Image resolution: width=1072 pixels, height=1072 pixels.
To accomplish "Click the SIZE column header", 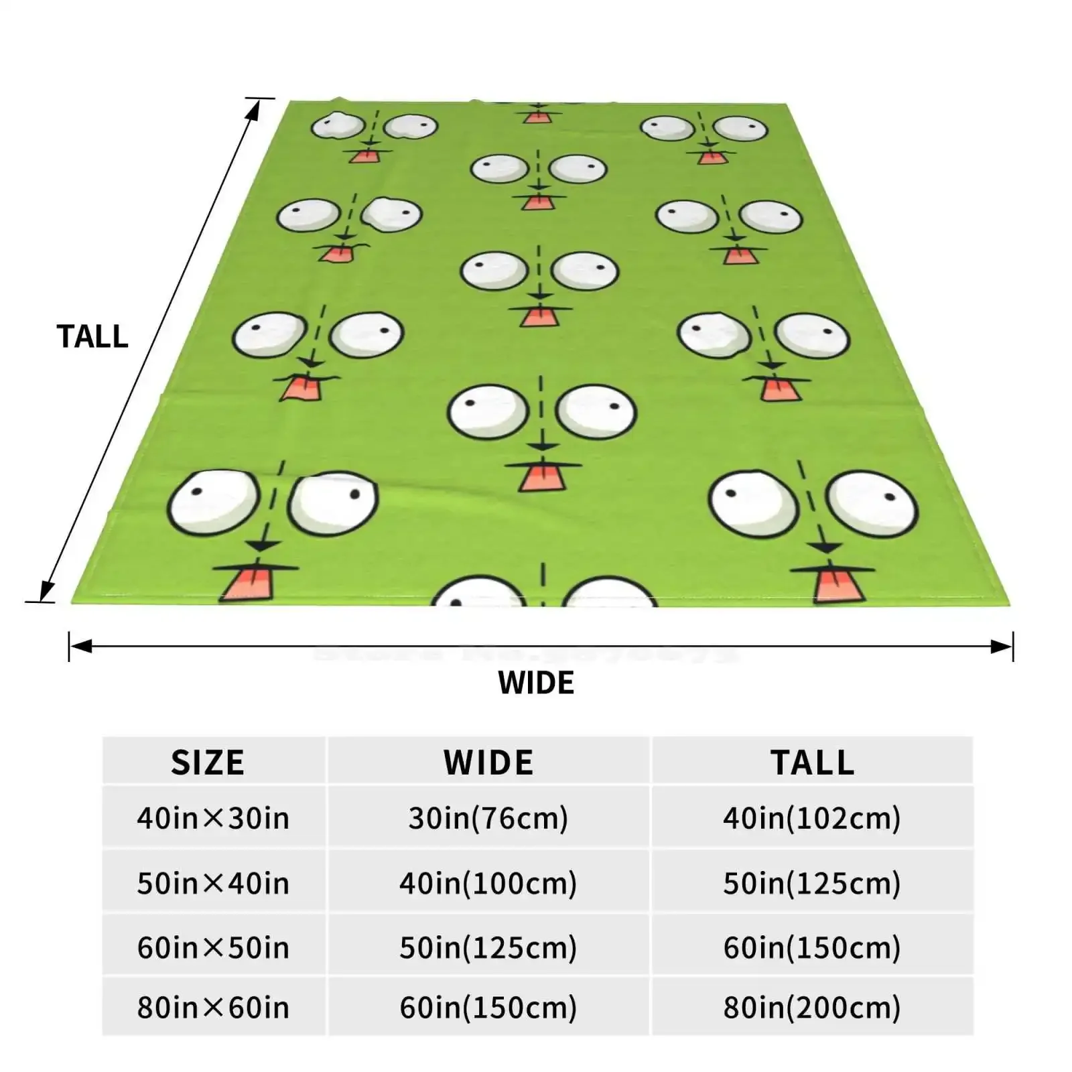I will (x=208, y=762).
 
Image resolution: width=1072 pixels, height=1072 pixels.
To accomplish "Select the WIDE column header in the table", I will (x=488, y=762).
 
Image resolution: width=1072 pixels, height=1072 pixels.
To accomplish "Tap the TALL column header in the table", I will (x=812, y=762).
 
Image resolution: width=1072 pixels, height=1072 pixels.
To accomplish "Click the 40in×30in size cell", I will (x=213, y=818).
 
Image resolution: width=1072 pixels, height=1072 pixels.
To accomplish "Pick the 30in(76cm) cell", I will (x=488, y=818).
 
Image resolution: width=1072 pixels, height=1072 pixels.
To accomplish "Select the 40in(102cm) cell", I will (x=812, y=818).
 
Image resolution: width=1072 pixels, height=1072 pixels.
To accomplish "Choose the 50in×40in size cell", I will (x=213, y=883).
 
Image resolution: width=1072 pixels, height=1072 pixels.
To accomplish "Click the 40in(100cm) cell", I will (x=488, y=883).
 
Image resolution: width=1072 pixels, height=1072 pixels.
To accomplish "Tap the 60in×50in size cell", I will (x=213, y=947).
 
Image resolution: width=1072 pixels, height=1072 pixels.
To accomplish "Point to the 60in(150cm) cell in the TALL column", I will (x=812, y=947).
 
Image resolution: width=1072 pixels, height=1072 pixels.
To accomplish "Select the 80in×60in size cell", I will (x=213, y=1007).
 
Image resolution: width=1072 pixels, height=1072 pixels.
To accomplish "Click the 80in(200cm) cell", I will (x=812, y=1007).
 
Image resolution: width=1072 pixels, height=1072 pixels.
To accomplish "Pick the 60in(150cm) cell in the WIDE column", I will (x=488, y=1007).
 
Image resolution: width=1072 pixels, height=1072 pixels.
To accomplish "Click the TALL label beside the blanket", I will (x=92, y=336).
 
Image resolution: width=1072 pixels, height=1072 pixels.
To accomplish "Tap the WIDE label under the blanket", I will (x=536, y=683).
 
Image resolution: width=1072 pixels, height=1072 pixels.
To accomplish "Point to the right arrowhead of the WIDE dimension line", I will (x=1002, y=647).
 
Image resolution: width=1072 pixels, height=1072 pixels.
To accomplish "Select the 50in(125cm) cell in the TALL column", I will (x=812, y=883).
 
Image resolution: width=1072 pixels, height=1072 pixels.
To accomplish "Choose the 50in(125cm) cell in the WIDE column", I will (x=488, y=947).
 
